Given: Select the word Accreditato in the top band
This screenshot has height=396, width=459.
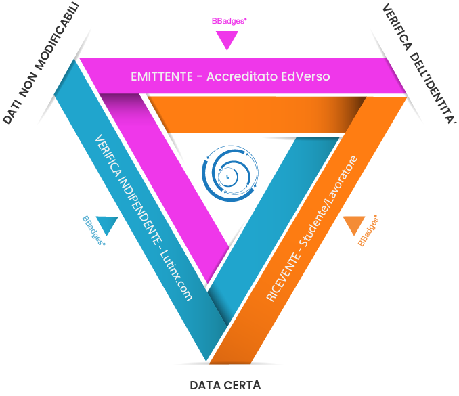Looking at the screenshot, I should [x=240, y=76].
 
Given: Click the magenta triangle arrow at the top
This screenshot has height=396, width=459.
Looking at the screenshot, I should [x=227, y=41].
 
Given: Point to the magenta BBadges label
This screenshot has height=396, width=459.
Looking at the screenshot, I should [x=229, y=21].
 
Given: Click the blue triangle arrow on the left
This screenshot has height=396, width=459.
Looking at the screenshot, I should [x=108, y=223].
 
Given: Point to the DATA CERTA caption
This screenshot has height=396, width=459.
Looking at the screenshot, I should [x=225, y=385].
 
